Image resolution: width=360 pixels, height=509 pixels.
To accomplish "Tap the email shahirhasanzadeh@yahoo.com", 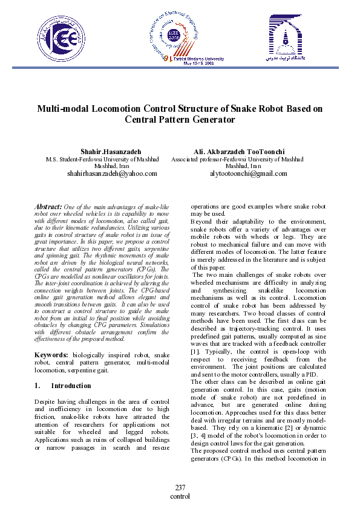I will point(112,173).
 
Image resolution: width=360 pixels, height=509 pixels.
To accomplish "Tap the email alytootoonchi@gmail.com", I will point(248,173).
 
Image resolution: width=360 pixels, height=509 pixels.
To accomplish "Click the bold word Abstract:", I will point(49,206).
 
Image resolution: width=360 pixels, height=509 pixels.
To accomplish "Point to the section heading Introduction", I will point(71,386).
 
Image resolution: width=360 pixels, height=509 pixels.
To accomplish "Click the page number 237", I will point(180,488).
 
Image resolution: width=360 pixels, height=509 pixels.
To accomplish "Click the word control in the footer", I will point(180,496).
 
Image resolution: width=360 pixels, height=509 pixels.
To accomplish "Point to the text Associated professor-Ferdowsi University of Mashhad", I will point(237,159).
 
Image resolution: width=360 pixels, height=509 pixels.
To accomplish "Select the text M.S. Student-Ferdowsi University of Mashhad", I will point(102,159).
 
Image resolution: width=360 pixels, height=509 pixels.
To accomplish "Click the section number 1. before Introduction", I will point(37,386).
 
